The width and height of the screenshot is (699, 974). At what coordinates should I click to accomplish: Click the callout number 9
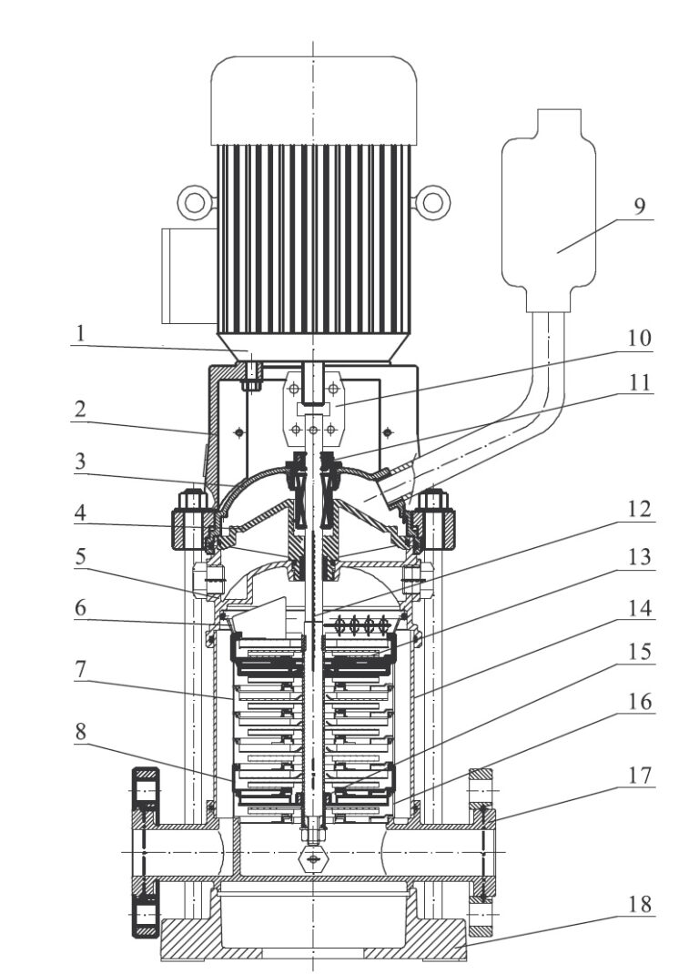[x=640, y=205]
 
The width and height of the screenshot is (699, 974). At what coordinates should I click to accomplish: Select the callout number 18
[x=640, y=906]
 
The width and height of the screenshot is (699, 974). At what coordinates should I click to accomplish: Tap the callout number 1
[x=80, y=335]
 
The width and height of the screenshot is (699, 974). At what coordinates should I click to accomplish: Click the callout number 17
[x=640, y=776]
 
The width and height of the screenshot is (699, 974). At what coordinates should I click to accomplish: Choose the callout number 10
[x=640, y=338]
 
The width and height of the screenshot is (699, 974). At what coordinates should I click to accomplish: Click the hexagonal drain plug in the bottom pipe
[x=313, y=858]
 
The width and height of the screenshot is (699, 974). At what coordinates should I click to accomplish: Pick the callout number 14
[x=640, y=606]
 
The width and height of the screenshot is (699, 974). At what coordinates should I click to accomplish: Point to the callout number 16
[x=640, y=703]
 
